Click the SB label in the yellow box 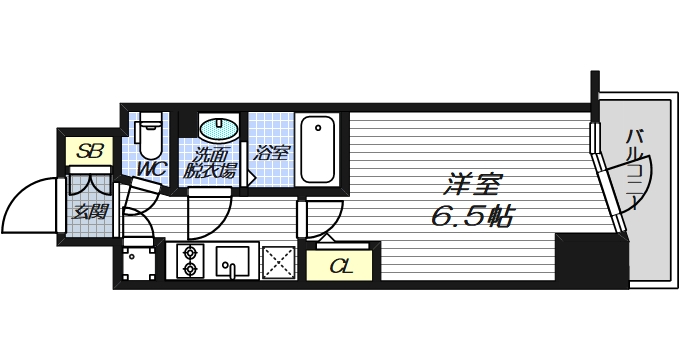(x=91, y=152)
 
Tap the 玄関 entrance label (x=91, y=212)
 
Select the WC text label (x=151, y=168)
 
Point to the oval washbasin (x=217, y=129)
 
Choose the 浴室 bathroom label (x=271, y=154)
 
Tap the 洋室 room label (x=472, y=185)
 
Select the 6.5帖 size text (x=472, y=216)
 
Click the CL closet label (x=341, y=266)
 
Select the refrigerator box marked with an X (x=278, y=261)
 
